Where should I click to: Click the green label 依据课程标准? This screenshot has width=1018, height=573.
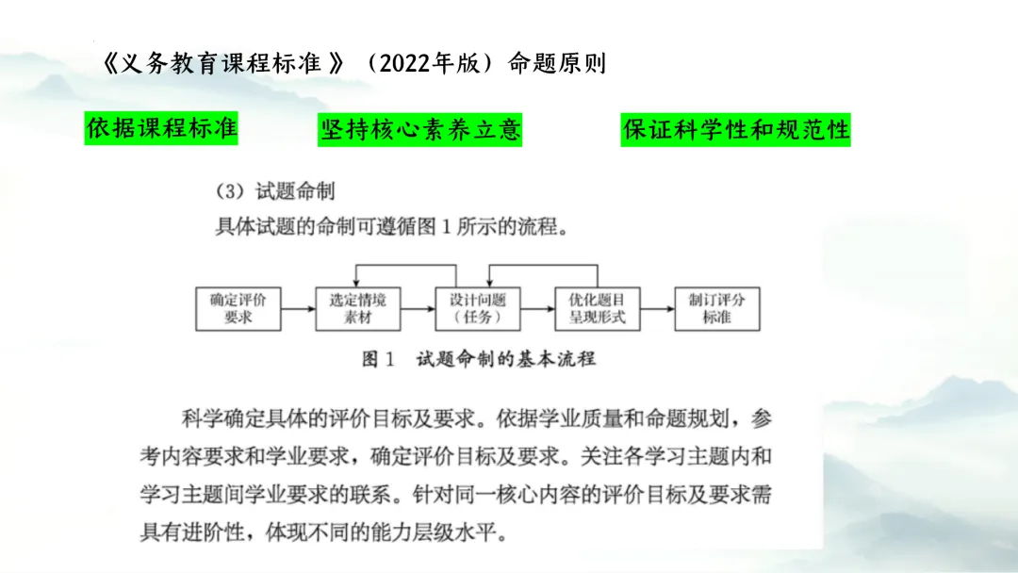161,129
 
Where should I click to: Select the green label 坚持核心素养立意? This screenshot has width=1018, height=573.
420,130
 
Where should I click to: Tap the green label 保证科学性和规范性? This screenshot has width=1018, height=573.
736,130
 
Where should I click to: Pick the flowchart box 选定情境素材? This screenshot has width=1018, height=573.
358,309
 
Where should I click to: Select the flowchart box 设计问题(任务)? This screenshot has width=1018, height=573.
478,309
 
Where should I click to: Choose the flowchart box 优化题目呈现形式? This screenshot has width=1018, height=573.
598,309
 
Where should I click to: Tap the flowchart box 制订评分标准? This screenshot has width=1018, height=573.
716,309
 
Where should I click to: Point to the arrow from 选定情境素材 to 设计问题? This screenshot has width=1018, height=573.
418,309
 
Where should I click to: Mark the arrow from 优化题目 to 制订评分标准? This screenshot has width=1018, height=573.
657,309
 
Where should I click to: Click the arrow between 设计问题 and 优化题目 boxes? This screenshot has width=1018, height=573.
537,309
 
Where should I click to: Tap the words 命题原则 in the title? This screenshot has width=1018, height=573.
557,64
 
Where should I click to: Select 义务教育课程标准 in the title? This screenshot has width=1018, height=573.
222,64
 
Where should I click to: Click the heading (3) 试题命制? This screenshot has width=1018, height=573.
276,191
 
